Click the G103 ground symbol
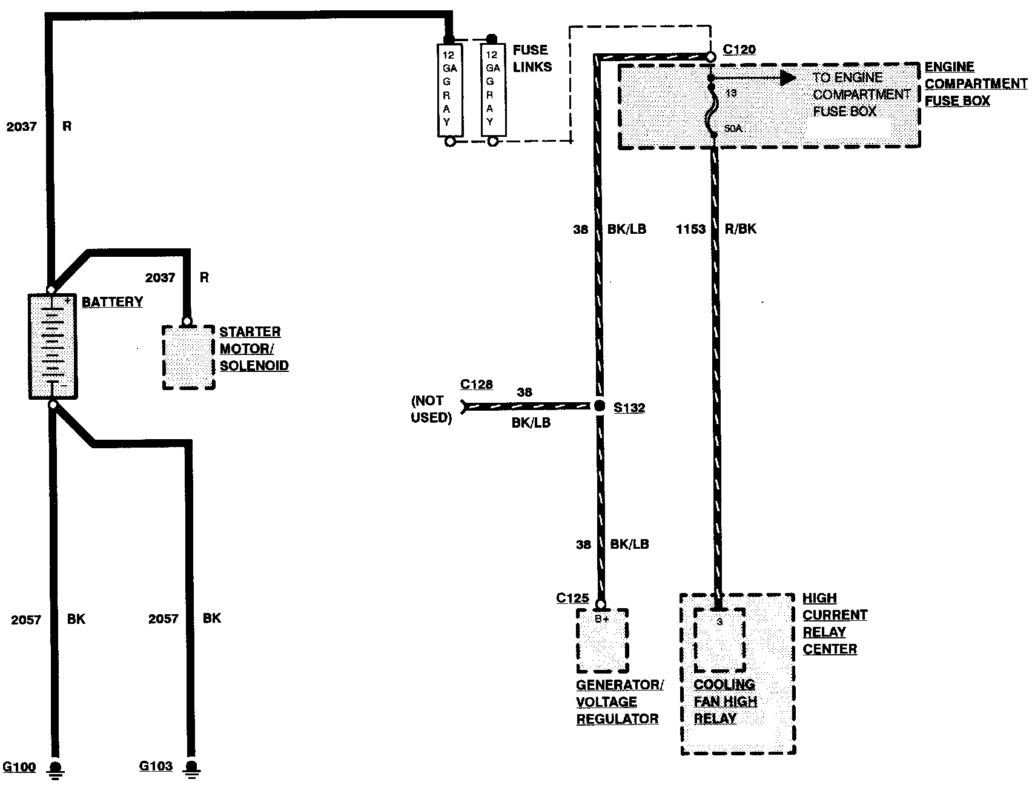191,769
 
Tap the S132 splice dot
600,406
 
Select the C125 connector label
572,598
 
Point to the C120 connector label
739,49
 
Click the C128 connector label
477,384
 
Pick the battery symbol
53,346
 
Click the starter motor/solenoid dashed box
188,357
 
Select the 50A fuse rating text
733,128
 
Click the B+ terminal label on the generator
601,619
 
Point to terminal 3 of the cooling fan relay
719,622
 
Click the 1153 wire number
690,229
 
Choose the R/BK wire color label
741,229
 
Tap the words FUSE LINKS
532,58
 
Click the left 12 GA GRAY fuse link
450,90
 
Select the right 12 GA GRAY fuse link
493,90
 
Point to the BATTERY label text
113,302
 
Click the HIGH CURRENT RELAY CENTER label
835,623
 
